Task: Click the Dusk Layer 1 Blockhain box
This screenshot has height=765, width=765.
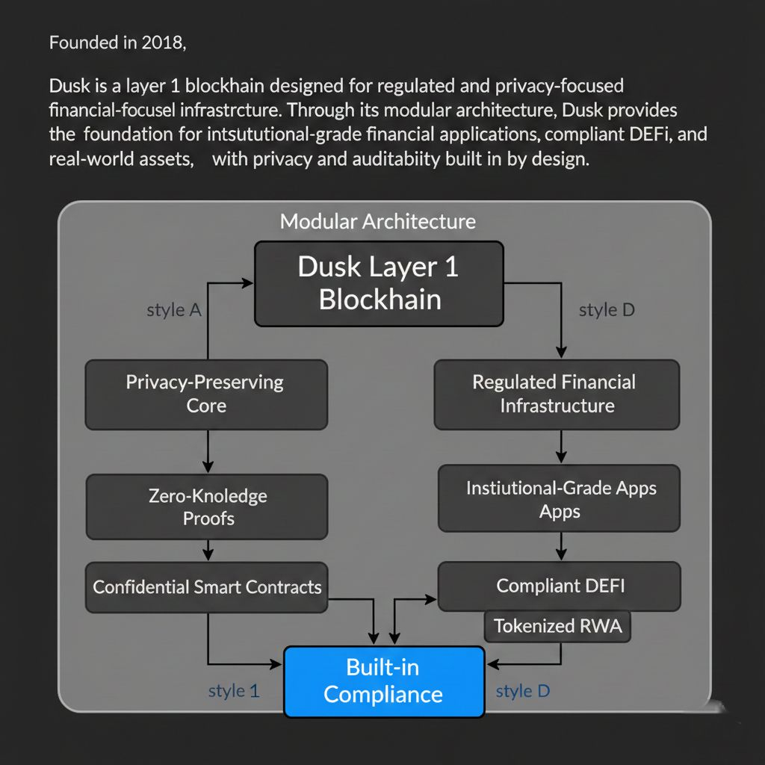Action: pyautogui.click(x=379, y=283)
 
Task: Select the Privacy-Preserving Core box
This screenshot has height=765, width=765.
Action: pyautogui.click(x=206, y=394)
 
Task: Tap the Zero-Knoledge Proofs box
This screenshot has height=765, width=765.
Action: pyautogui.click(x=207, y=507)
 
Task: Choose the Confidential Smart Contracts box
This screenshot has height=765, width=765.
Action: pyautogui.click(x=207, y=586)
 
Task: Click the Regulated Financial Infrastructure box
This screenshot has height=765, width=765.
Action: pyautogui.click(x=557, y=394)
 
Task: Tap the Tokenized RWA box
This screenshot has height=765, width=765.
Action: pyautogui.click(x=557, y=625)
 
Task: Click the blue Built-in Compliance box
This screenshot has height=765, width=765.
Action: pyautogui.click(x=384, y=681)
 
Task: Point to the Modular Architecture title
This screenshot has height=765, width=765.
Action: pyautogui.click(x=377, y=221)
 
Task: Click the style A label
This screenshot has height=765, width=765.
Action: pyautogui.click(x=174, y=310)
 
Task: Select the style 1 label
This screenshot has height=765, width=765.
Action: pyautogui.click(x=234, y=691)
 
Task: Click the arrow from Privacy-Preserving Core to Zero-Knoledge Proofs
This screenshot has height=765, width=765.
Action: pyautogui.click(x=208, y=451)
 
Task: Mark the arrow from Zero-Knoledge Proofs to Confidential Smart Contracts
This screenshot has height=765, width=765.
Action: pyautogui.click(x=208, y=551)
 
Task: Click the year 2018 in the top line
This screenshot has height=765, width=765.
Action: pyautogui.click(x=161, y=43)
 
